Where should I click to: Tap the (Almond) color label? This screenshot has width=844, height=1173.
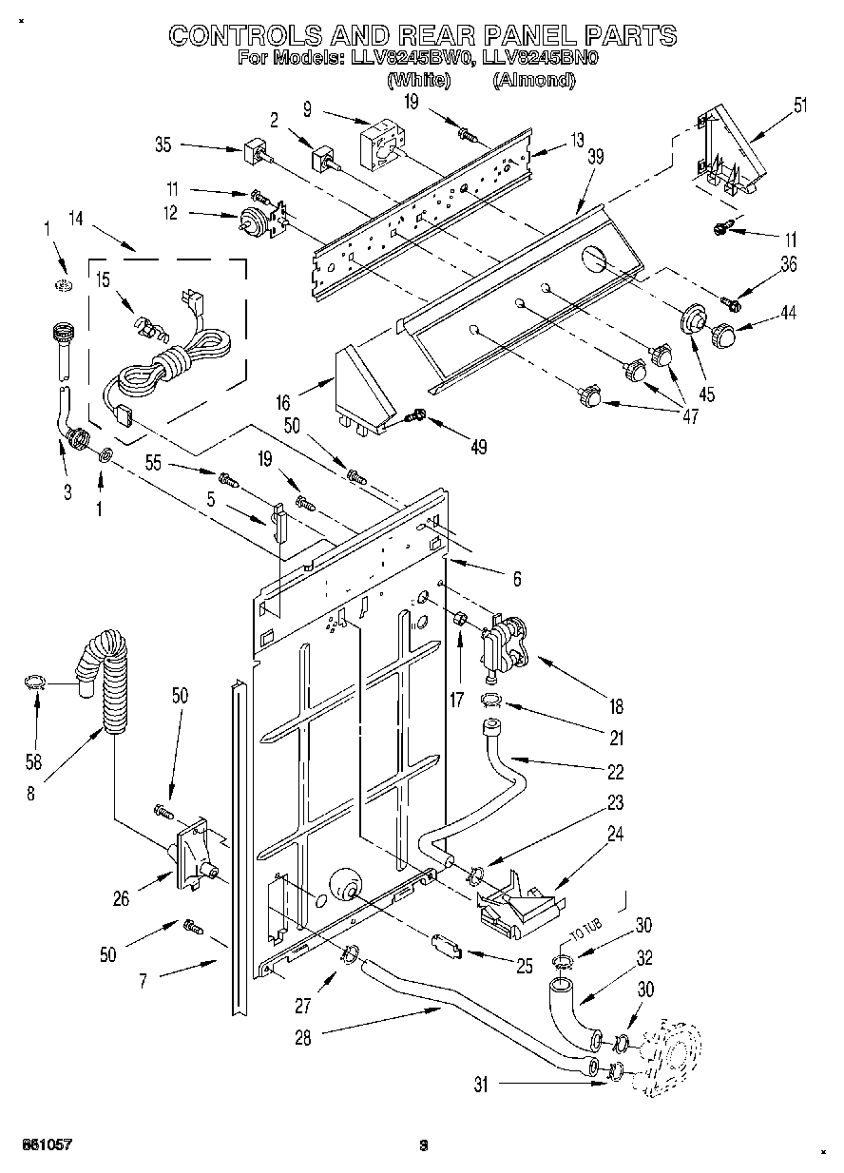[533, 81]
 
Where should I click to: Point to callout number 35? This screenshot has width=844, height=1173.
[163, 145]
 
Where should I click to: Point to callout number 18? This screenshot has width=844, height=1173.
[616, 706]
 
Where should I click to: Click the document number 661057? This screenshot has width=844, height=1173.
[46, 1145]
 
